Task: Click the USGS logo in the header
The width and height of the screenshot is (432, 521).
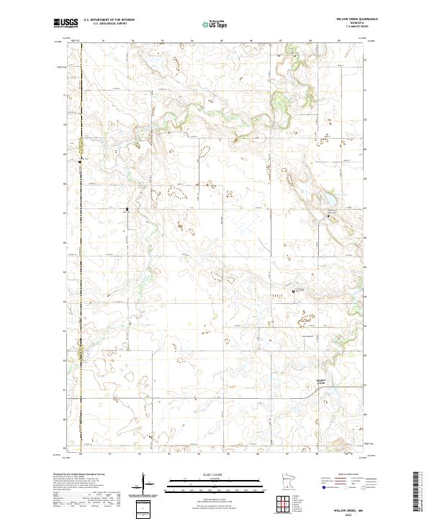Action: click(x=66, y=23)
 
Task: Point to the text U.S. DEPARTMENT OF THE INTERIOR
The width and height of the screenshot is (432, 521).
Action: click(x=109, y=20)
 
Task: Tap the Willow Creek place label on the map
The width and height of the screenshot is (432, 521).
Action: click(x=321, y=383)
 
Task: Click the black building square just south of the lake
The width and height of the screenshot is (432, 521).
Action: click(x=330, y=213)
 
